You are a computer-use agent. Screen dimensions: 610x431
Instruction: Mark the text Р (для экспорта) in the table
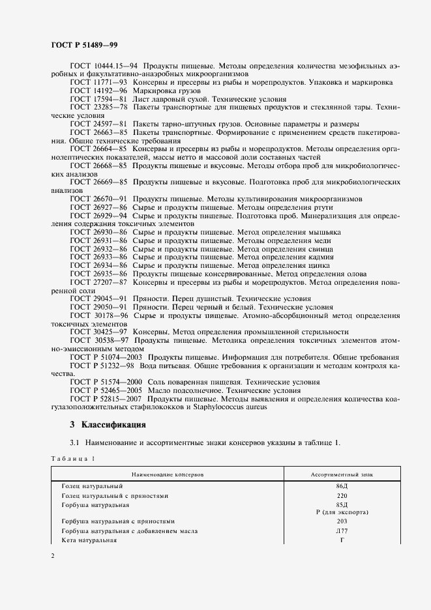pos(342,512)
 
